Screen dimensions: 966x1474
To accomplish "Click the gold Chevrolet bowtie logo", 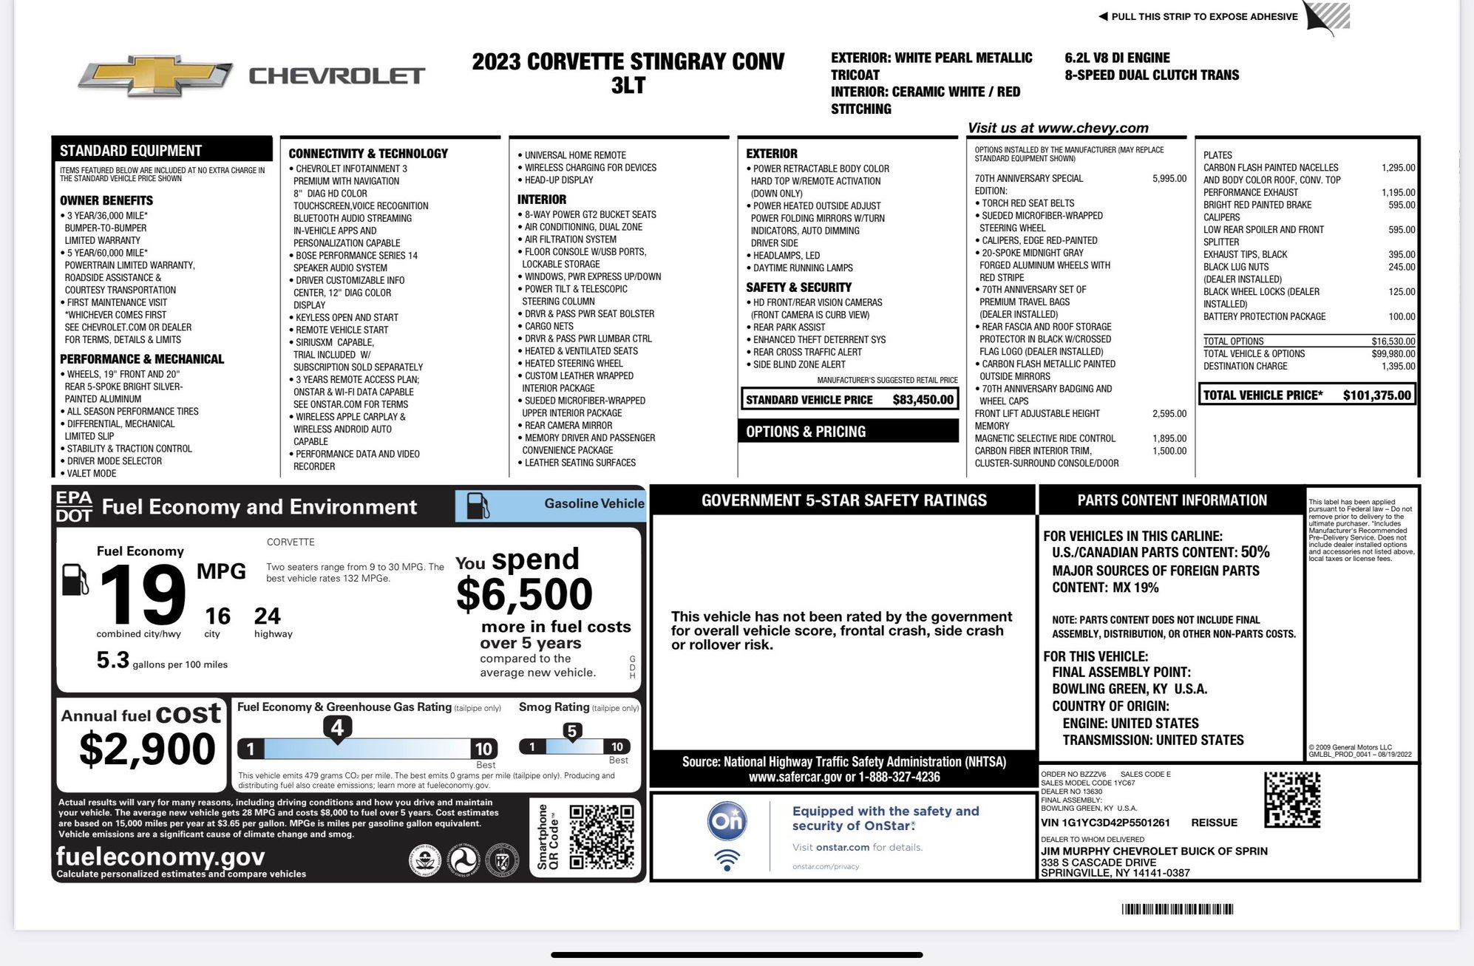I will click(x=155, y=75).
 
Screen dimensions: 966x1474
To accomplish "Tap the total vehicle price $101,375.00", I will click(x=1376, y=395).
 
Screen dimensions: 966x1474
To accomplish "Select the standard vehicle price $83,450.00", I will click(x=923, y=400).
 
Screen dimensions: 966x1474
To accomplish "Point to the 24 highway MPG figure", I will click(x=267, y=616).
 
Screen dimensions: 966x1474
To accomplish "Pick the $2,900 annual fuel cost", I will click(x=147, y=749).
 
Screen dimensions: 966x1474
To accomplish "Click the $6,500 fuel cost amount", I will click(x=524, y=594).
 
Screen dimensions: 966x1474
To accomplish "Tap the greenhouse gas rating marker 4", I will click(x=337, y=728).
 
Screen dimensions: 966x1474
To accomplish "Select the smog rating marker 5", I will click(x=571, y=732).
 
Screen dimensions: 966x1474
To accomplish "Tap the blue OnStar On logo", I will click(x=727, y=821).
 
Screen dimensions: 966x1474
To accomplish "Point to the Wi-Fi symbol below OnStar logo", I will click(x=727, y=860).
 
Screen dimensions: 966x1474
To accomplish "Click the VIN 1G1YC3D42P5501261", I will click(x=1105, y=823).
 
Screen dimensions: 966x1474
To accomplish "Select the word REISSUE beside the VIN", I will click(x=1214, y=823).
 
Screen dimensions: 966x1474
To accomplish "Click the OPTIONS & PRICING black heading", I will click(x=806, y=432).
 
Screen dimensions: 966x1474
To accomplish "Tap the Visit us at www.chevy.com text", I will click(x=1058, y=128).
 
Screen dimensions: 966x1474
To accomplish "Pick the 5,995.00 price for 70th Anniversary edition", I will click(x=1169, y=179).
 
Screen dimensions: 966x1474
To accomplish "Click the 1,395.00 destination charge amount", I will click(x=1398, y=366).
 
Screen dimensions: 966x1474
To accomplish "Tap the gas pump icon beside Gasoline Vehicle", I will click(x=478, y=506).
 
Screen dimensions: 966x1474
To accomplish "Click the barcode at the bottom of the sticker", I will click(x=1177, y=909).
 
